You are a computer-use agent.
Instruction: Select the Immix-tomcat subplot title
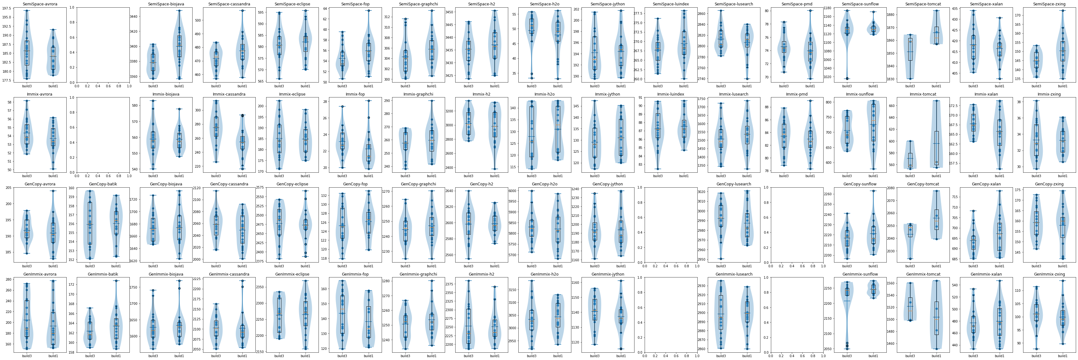coord(923,94)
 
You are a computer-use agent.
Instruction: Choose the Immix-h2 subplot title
coord(482,94)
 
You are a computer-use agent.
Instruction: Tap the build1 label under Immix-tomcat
coord(936,176)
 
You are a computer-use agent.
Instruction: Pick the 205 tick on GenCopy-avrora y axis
coord(8,188)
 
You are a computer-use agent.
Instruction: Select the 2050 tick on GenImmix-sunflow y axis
coord(827,349)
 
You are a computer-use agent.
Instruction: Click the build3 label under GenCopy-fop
coord(342,266)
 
